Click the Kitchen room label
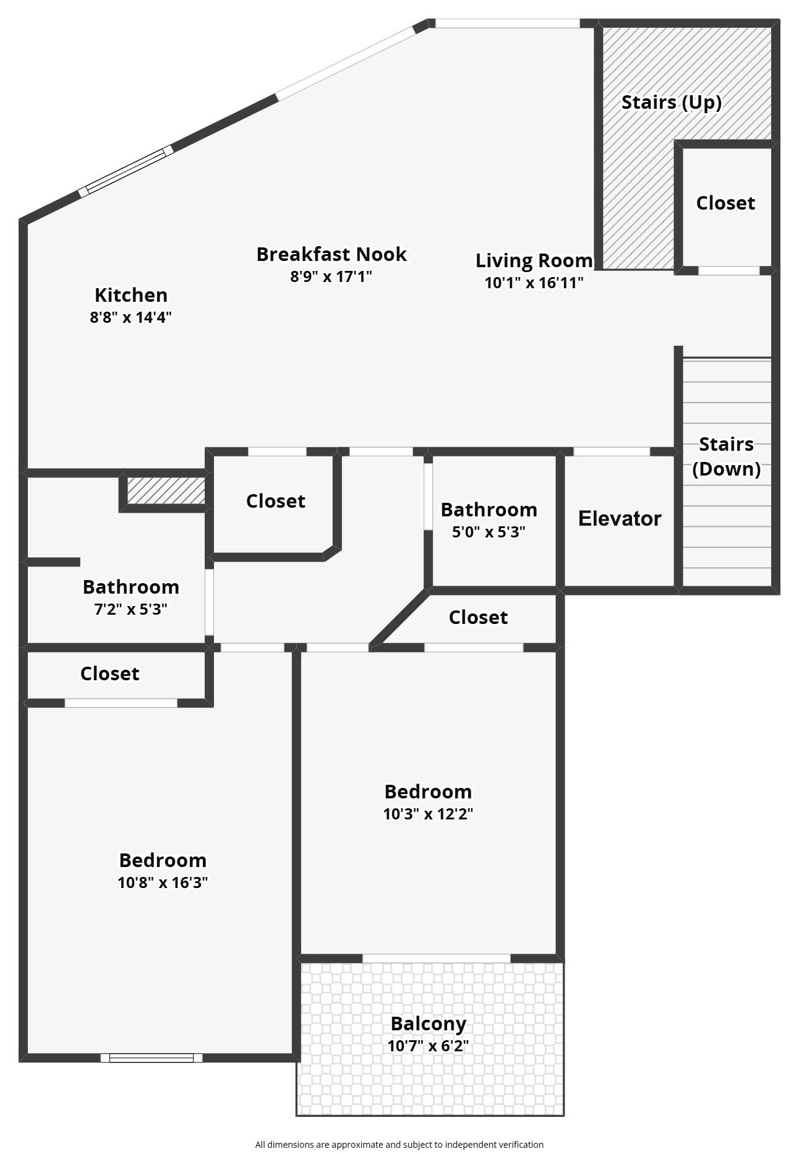pyautogui.click(x=130, y=295)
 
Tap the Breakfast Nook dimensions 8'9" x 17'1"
pyautogui.click(x=331, y=276)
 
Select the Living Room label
pyautogui.click(x=534, y=260)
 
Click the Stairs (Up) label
pyautogui.click(x=671, y=102)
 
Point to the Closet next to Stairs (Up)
pyautogui.click(x=725, y=203)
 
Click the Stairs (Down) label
pyautogui.click(x=726, y=456)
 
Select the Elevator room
pyautogui.click(x=619, y=518)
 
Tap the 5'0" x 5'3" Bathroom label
pyautogui.click(x=489, y=510)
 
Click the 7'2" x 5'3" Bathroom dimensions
pyautogui.click(x=130, y=609)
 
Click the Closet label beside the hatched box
pyautogui.click(x=275, y=501)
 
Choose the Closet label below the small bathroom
pyautogui.click(x=478, y=617)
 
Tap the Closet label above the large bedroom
pyautogui.click(x=109, y=673)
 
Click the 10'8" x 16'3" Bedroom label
pyautogui.click(x=163, y=860)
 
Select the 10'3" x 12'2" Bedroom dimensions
pyautogui.click(x=428, y=814)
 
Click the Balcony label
pyautogui.click(x=428, y=1024)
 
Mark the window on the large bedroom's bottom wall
pyautogui.click(x=152, y=1058)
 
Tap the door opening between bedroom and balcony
pyautogui.click(x=436, y=958)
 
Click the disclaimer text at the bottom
pyautogui.click(x=399, y=1145)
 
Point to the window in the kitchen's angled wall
pyautogui.click(x=126, y=171)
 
